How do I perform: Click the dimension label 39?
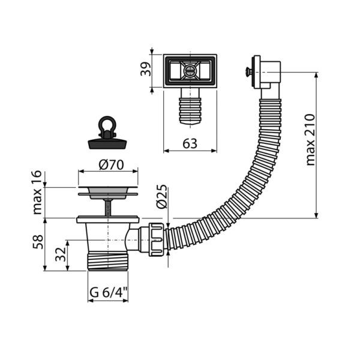pos(146,69)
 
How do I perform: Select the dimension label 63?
pos(190,144)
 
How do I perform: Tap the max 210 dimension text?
pos(310,140)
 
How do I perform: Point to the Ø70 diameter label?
pos(112,165)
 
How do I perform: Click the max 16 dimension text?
pos(37,193)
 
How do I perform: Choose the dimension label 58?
pos(38,242)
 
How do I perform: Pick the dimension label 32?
pos(61,254)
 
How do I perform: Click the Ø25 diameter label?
pos(161,197)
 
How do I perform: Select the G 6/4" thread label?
pos(109,293)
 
